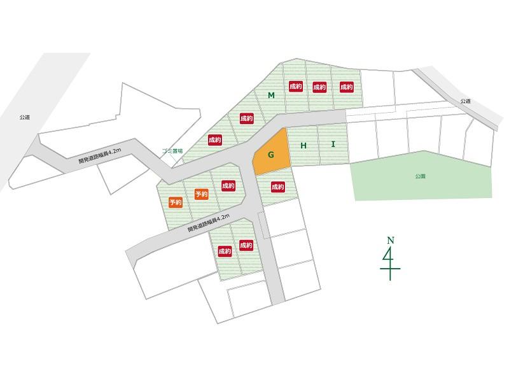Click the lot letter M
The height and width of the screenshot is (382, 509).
[271, 95]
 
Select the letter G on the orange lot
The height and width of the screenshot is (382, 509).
[270, 155]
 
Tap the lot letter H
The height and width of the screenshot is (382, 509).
[303, 146]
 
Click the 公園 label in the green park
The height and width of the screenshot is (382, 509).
[420, 175]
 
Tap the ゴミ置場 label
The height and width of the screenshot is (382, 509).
[172, 151]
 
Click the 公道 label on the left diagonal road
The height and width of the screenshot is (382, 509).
[25, 117]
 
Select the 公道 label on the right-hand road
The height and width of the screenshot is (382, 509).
[466, 101]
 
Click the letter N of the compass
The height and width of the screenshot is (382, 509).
[390, 240]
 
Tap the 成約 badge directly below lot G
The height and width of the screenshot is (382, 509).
[277, 187]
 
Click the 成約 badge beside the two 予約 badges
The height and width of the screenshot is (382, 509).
[228, 186]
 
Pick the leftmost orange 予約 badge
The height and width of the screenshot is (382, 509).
[176, 202]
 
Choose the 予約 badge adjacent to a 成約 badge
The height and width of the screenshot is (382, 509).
[202, 194]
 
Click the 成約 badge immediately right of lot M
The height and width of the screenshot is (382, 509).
[295, 87]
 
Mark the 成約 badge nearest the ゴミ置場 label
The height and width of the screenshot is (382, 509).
[214, 139]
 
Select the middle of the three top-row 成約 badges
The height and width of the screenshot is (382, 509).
[320, 87]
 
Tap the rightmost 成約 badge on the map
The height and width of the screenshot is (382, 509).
[346, 87]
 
